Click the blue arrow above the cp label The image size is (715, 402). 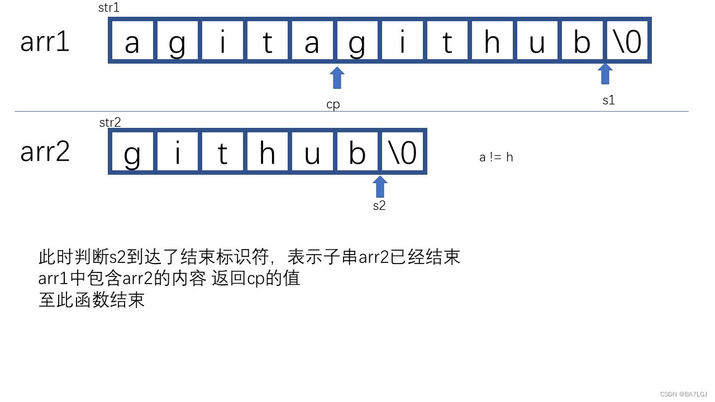(337, 78)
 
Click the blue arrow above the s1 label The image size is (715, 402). (605, 74)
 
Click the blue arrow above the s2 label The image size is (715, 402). (380, 186)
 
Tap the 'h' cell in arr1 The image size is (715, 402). (492, 41)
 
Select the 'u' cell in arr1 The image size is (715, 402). (537, 41)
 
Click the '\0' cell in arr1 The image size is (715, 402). (627, 41)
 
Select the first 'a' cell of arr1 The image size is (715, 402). (132, 41)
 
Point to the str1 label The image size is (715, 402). (108, 8)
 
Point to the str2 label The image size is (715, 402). (110, 122)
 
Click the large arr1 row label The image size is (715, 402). (45, 42)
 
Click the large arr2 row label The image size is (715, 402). (45, 151)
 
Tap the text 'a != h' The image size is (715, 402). (496, 157)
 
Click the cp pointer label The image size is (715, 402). (333, 104)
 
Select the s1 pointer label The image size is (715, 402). (608, 100)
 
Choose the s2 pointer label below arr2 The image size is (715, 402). (379, 205)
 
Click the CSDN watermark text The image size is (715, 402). (683, 394)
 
